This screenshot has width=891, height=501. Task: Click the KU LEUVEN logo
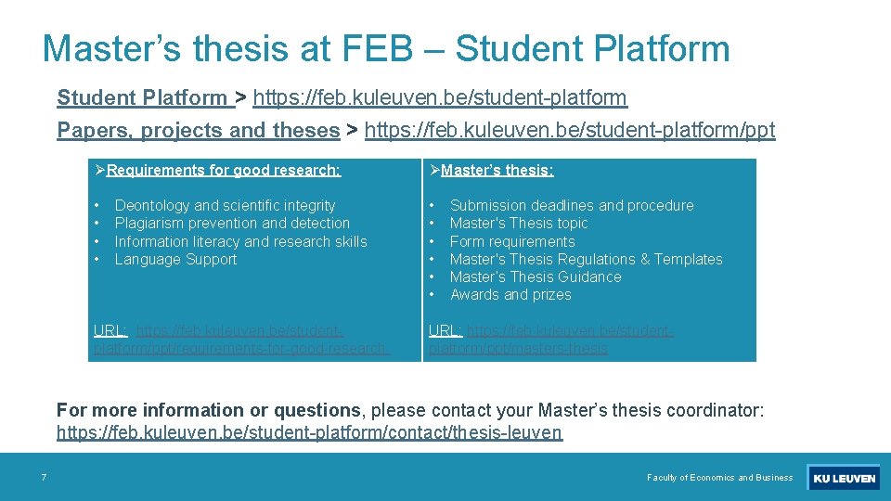click(x=843, y=478)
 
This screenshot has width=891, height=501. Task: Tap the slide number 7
click(x=44, y=478)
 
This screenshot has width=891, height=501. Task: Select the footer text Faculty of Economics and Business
click(x=719, y=478)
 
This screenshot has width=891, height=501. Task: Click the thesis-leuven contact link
click(x=309, y=432)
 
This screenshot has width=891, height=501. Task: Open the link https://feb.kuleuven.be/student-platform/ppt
click(x=570, y=131)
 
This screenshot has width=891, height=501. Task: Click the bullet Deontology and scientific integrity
click(x=225, y=205)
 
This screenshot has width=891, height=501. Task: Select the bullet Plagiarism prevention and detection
click(x=232, y=223)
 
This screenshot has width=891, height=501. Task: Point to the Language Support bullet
click(x=175, y=259)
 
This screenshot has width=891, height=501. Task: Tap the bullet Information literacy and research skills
click(x=240, y=241)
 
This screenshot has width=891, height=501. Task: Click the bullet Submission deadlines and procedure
click(x=572, y=205)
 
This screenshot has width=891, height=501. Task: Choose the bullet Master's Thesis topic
click(x=519, y=223)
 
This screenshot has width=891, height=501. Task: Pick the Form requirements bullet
click(x=512, y=241)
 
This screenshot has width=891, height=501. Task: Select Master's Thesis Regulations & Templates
click(x=586, y=259)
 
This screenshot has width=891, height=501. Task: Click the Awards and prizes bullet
click(x=510, y=294)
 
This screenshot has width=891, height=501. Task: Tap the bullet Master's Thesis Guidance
click(x=536, y=276)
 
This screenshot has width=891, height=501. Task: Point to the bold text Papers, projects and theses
click(x=199, y=131)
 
